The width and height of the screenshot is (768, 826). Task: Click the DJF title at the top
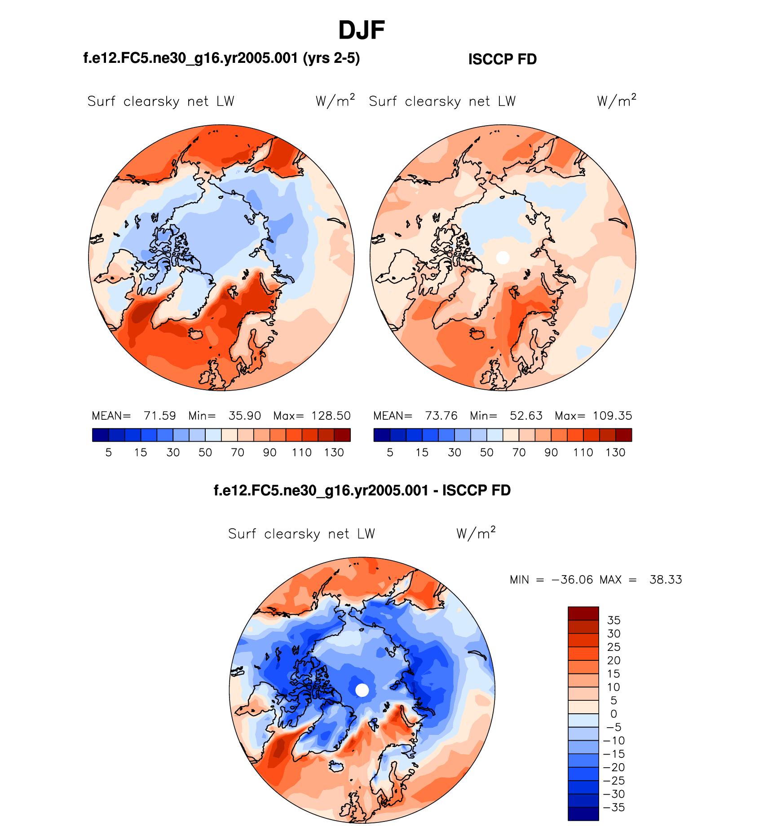point(361,31)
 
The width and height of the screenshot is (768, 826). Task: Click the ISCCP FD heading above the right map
point(502,59)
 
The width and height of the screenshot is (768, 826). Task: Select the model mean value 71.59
point(159,416)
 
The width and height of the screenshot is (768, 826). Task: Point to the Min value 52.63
point(526,416)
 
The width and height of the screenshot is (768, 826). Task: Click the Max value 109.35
point(612,416)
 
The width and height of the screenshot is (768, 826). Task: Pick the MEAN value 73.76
point(441,416)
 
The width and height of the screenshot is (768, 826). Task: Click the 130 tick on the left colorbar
point(334,453)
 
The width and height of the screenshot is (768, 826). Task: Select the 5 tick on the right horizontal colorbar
point(390,453)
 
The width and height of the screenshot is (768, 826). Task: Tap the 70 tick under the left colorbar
point(237,453)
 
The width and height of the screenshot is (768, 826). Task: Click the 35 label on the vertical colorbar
point(614,620)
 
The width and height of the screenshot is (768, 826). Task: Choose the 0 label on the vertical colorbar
point(614,714)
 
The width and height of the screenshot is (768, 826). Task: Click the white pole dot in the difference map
point(362,690)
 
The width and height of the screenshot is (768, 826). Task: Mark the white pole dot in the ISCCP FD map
point(503,258)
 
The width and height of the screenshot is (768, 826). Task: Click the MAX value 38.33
point(666,580)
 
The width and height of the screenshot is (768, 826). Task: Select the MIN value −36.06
point(572,580)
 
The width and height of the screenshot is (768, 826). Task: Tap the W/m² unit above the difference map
point(476,533)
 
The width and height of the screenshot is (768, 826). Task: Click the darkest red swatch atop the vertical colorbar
point(583,613)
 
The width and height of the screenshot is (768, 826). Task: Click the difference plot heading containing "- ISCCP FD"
point(362,490)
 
